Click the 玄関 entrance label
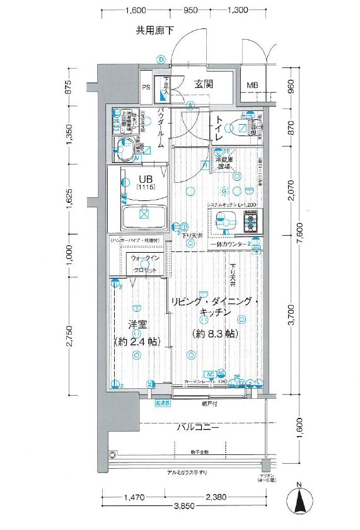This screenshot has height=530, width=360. coord(203,84)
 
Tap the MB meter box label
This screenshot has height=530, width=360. coord(252,85)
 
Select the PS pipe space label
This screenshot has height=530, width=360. coord(146,88)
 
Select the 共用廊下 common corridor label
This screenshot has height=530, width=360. coord(154,30)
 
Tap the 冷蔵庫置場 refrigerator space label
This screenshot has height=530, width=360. coord(226,163)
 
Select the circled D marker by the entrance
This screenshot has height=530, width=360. coord(161,59)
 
